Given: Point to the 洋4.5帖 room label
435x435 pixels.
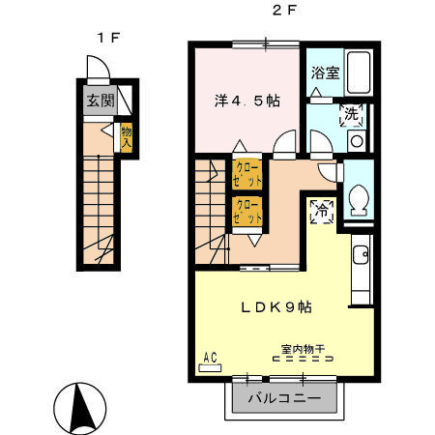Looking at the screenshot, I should pos(246,100).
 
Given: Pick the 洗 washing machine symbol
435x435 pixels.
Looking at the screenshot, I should pos(354,114).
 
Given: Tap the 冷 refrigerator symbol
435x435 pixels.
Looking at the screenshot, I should pos(321,211).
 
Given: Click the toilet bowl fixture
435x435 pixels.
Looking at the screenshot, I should pos(361,200).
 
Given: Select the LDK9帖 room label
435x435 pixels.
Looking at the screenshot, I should pos(275,306).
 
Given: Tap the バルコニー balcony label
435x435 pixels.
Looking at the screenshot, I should pos(287,397).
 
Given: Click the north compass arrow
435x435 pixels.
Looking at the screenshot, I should pos(78,406).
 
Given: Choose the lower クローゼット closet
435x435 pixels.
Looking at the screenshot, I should pos(246,211).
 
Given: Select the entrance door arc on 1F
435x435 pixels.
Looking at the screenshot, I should pos(98,69).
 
